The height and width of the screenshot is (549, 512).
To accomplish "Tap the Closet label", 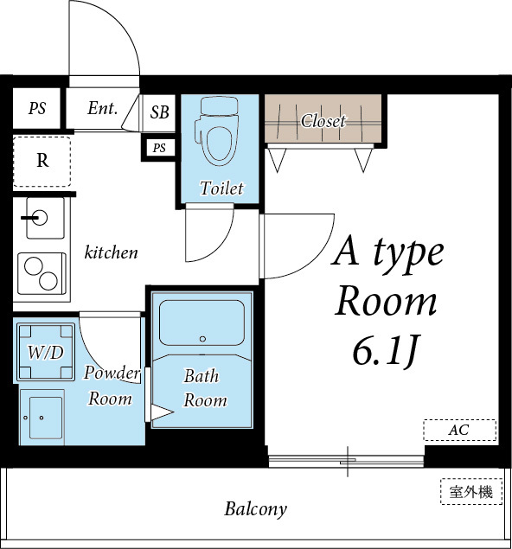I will pyautogui.click(x=323, y=121).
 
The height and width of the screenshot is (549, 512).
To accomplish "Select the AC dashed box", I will pyautogui.click(x=459, y=430).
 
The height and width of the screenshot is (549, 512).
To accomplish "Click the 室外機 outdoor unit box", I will pyautogui.click(x=470, y=492).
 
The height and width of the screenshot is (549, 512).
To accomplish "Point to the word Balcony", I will pyautogui.click(x=255, y=508).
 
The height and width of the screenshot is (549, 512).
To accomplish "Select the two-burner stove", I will pyautogui.click(x=42, y=274).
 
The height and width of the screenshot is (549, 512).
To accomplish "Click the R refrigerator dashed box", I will pyautogui.click(x=42, y=161).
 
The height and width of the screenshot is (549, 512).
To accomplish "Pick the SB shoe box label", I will pyautogui.click(x=160, y=112).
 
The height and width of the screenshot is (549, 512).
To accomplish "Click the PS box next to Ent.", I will pyautogui.click(x=37, y=109).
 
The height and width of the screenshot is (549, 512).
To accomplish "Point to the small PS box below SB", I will pyautogui.click(x=159, y=148).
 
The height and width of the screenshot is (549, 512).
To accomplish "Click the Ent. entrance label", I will pyautogui.click(x=102, y=109).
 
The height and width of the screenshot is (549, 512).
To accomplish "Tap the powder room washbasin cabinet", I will pyautogui.click(x=42, y=416).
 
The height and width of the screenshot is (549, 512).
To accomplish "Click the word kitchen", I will pyautogui.click(x=111, y=252).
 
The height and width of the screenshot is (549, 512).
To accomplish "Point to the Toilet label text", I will pyautogui.click(x=221, y=188).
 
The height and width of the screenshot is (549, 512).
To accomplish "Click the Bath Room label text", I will pyautogui.click(x=205, y=388).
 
